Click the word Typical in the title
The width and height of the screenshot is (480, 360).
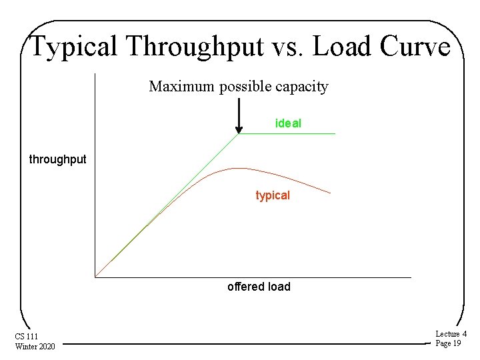click(x=74, y=47)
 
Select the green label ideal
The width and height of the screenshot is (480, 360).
click(x=288, y=123)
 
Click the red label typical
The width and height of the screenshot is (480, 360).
click(x=273, y=196)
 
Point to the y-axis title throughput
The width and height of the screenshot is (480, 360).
click(x=57, y=159)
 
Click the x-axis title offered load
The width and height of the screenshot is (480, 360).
click(x=259, y=287)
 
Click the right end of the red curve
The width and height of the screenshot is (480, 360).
click(x=330, y=193)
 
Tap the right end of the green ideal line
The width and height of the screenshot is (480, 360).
click(x=335, y=134)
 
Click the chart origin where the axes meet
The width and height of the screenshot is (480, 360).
click(x=95, y=277)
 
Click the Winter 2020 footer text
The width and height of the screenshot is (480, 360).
click(x=35, y=345)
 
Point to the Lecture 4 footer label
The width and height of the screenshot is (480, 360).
click(x=451, y=333)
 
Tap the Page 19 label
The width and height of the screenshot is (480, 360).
click(x=448, y=343)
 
